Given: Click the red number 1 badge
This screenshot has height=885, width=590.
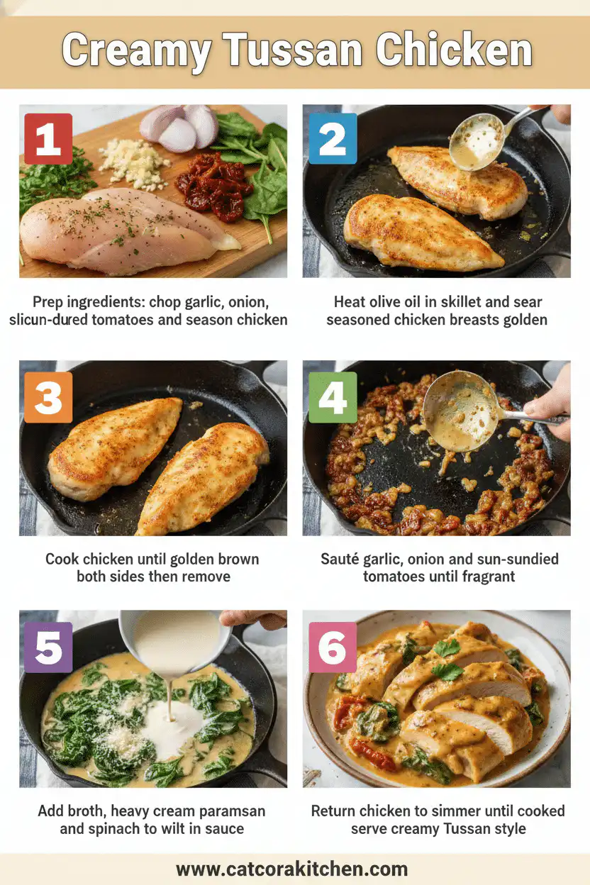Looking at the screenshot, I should [x=48, y=139].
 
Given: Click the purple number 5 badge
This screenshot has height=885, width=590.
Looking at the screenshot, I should [x=48, y=647].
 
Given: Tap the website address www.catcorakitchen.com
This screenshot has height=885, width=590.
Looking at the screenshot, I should [x=291, y=869].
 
